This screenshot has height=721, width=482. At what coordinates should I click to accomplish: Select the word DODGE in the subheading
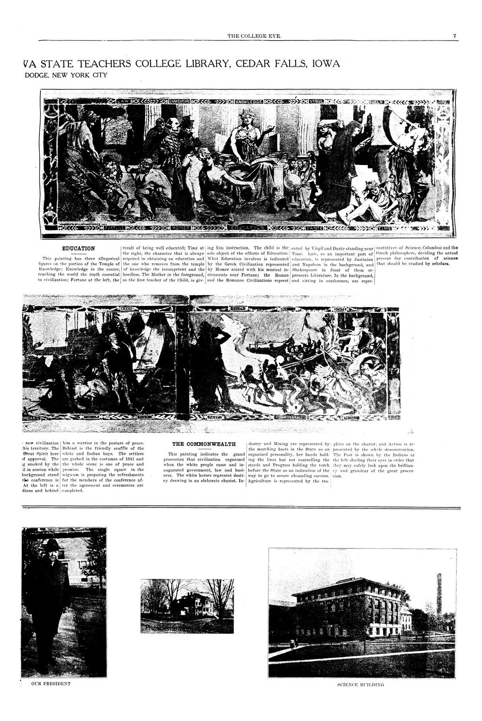click(37, 74)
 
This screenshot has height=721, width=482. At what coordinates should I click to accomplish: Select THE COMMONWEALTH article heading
click(204, 444)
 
